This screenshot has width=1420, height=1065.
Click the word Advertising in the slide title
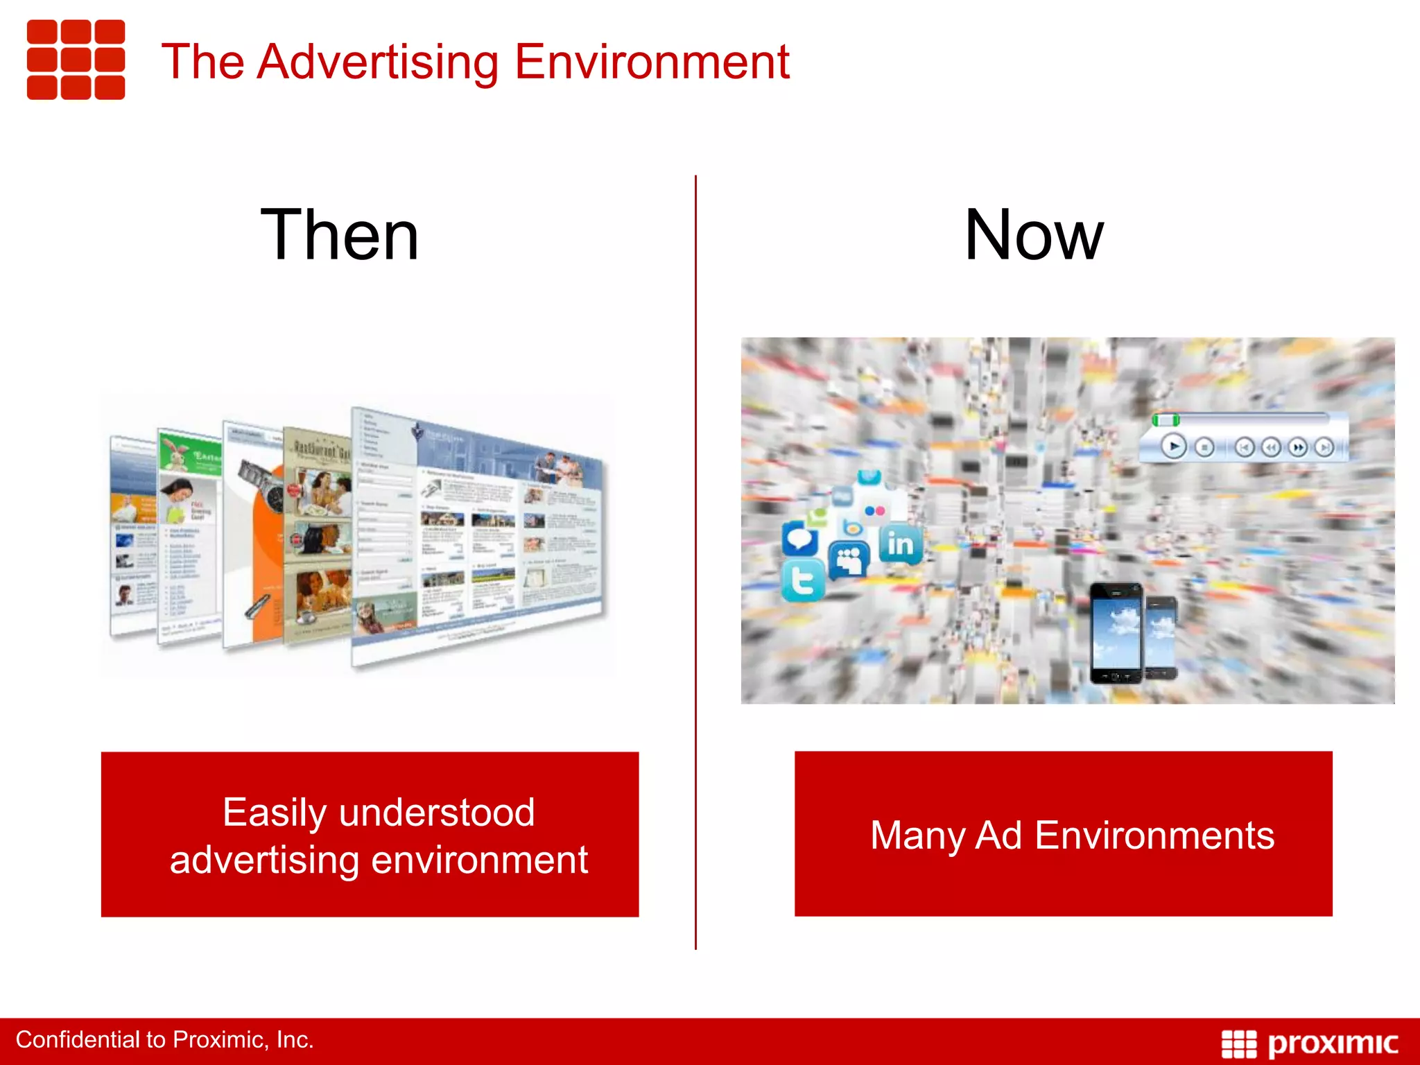(377, 62)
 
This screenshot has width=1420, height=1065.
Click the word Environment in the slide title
(651, 62)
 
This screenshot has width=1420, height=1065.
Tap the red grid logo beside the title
(76, 60)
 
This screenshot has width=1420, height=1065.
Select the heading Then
(340, 236)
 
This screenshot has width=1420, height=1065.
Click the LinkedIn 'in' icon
(901, 544)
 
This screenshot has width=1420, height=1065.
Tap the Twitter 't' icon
(803, 581)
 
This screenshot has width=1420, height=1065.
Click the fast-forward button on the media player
(1298, 448)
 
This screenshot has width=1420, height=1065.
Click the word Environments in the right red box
(1154, 835)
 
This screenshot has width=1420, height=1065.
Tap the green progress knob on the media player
(1166, 420)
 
